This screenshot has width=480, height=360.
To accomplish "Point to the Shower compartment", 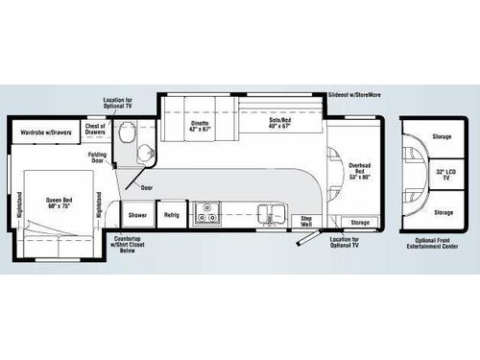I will pos(138,216).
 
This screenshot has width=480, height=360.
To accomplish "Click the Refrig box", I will pos(171,216).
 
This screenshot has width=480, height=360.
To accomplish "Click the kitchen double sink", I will pos(273,213).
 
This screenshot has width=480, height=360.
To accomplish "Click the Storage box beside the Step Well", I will pos(359,223).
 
